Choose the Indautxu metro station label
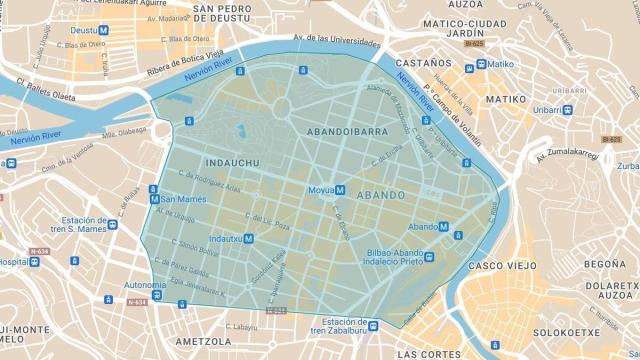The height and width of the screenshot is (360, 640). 230,239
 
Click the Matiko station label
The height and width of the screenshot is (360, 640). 500,65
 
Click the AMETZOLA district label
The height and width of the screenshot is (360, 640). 200,326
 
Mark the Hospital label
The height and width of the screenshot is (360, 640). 12,261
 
